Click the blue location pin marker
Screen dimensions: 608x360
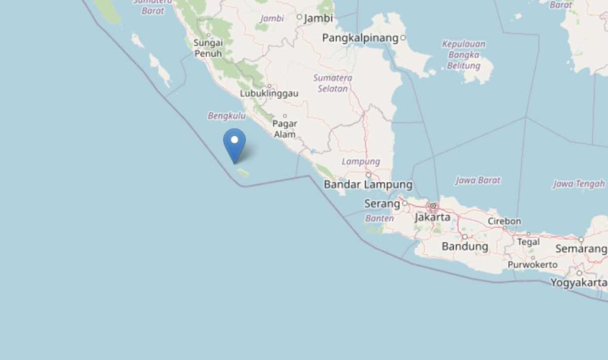tap(235, 144)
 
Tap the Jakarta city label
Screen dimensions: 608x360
tap(432, 217)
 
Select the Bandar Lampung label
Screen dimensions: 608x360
tap(368, 185)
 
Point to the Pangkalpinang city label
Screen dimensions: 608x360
tap(360, 38)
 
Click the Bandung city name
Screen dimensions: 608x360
tap(465, 247)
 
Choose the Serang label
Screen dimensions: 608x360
tap(382, 204)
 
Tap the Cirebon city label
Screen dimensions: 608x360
tap(504, 221)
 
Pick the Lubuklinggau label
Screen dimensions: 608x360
tap(269, 94)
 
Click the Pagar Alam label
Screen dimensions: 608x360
tap(285, 129)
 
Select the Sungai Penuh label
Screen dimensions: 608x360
tap(208, 48)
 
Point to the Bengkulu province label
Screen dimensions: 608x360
tap(226, 116)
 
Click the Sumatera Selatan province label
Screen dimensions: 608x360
tap(332, 83)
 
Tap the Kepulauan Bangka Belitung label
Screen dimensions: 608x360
tap(464, 55)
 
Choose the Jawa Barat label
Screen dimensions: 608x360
tap(477, 180)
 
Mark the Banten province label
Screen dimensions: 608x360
tap(379, 219)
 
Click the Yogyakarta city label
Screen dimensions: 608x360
tap(579, 282)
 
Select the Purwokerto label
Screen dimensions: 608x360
tap(533, 265)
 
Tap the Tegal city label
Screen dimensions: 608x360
tap(528, 242)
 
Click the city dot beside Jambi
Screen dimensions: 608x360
tap(299, 17)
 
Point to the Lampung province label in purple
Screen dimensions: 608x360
tap(361, 162)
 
